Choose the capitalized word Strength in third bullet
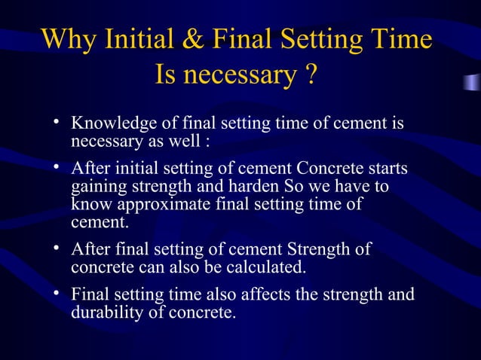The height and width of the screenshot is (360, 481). (329, 249)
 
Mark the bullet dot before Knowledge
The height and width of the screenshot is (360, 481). (57, 122)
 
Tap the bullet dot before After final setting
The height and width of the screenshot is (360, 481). (57, 249)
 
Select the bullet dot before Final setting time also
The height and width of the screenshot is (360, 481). (57, 293)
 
